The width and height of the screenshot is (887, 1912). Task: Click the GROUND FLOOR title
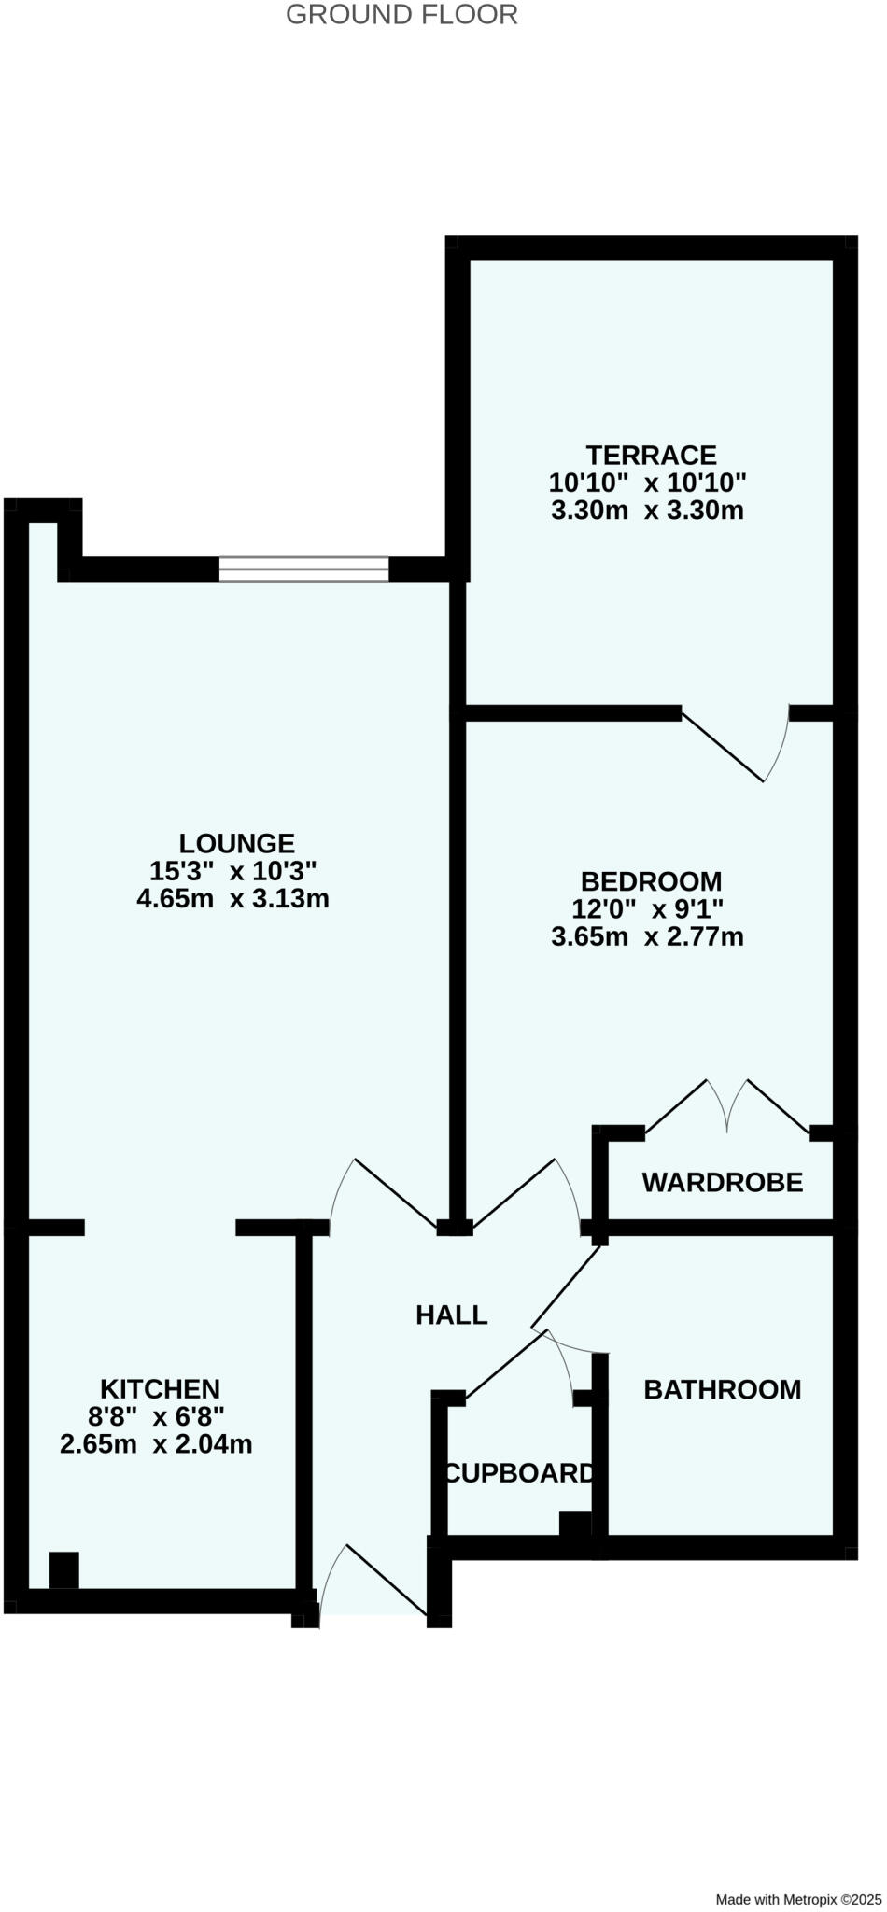coord(401,15)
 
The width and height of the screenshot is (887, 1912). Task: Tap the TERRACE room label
coord(651,456)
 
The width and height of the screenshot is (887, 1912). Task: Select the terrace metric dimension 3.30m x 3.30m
coord(647,511)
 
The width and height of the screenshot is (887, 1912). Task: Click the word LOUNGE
coord(236,844)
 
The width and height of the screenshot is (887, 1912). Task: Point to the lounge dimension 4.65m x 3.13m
coord(232,899)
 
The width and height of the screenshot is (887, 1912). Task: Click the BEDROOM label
coord(651,881)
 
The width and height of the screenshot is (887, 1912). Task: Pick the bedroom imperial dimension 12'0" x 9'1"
coord(647,908)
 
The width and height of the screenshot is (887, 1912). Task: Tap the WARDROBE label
coord(722,1183)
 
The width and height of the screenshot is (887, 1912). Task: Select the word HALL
coord(451,1315)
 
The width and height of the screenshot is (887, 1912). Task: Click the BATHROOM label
coord(722,1390)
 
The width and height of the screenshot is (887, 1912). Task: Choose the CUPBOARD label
coord(519,1473)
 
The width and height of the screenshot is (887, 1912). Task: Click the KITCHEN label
coord(160,1389)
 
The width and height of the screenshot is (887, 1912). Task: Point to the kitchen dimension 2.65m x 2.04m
coord(156,1444)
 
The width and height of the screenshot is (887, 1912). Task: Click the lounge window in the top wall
coord(303,569)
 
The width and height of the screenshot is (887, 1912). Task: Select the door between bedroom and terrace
coord(734,743)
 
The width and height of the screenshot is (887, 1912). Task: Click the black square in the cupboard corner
coord(574,1524)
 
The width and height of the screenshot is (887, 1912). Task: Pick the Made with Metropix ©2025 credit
coord(797,1899)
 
